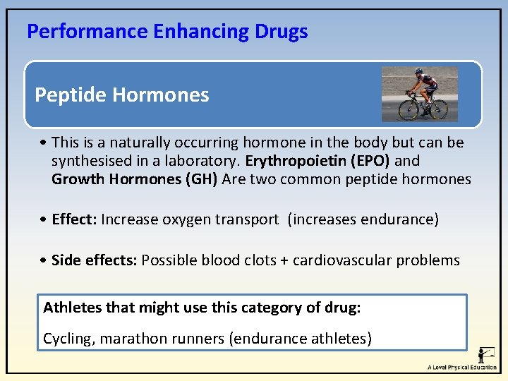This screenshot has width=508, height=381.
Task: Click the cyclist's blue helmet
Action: (x=418, y=72)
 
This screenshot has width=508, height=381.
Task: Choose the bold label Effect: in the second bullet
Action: (x=74, y=219)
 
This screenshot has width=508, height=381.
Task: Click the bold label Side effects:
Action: (x=95, y=260)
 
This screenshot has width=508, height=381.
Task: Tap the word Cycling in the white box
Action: (x=68, y=339)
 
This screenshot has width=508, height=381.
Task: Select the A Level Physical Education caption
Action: (x=462, y=368)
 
